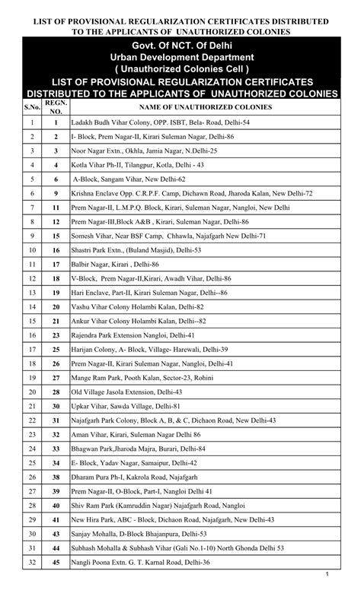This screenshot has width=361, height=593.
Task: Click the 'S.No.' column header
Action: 33,107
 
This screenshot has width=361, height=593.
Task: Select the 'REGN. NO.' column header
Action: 56,107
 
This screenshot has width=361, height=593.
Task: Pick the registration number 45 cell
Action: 56,562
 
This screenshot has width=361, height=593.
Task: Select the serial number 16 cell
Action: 33,335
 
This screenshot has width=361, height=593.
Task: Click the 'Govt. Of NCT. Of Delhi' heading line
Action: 180,47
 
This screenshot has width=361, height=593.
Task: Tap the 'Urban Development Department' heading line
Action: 180,58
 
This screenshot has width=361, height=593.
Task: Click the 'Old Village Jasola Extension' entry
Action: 126,392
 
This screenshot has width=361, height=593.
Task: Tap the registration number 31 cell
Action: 56,420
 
